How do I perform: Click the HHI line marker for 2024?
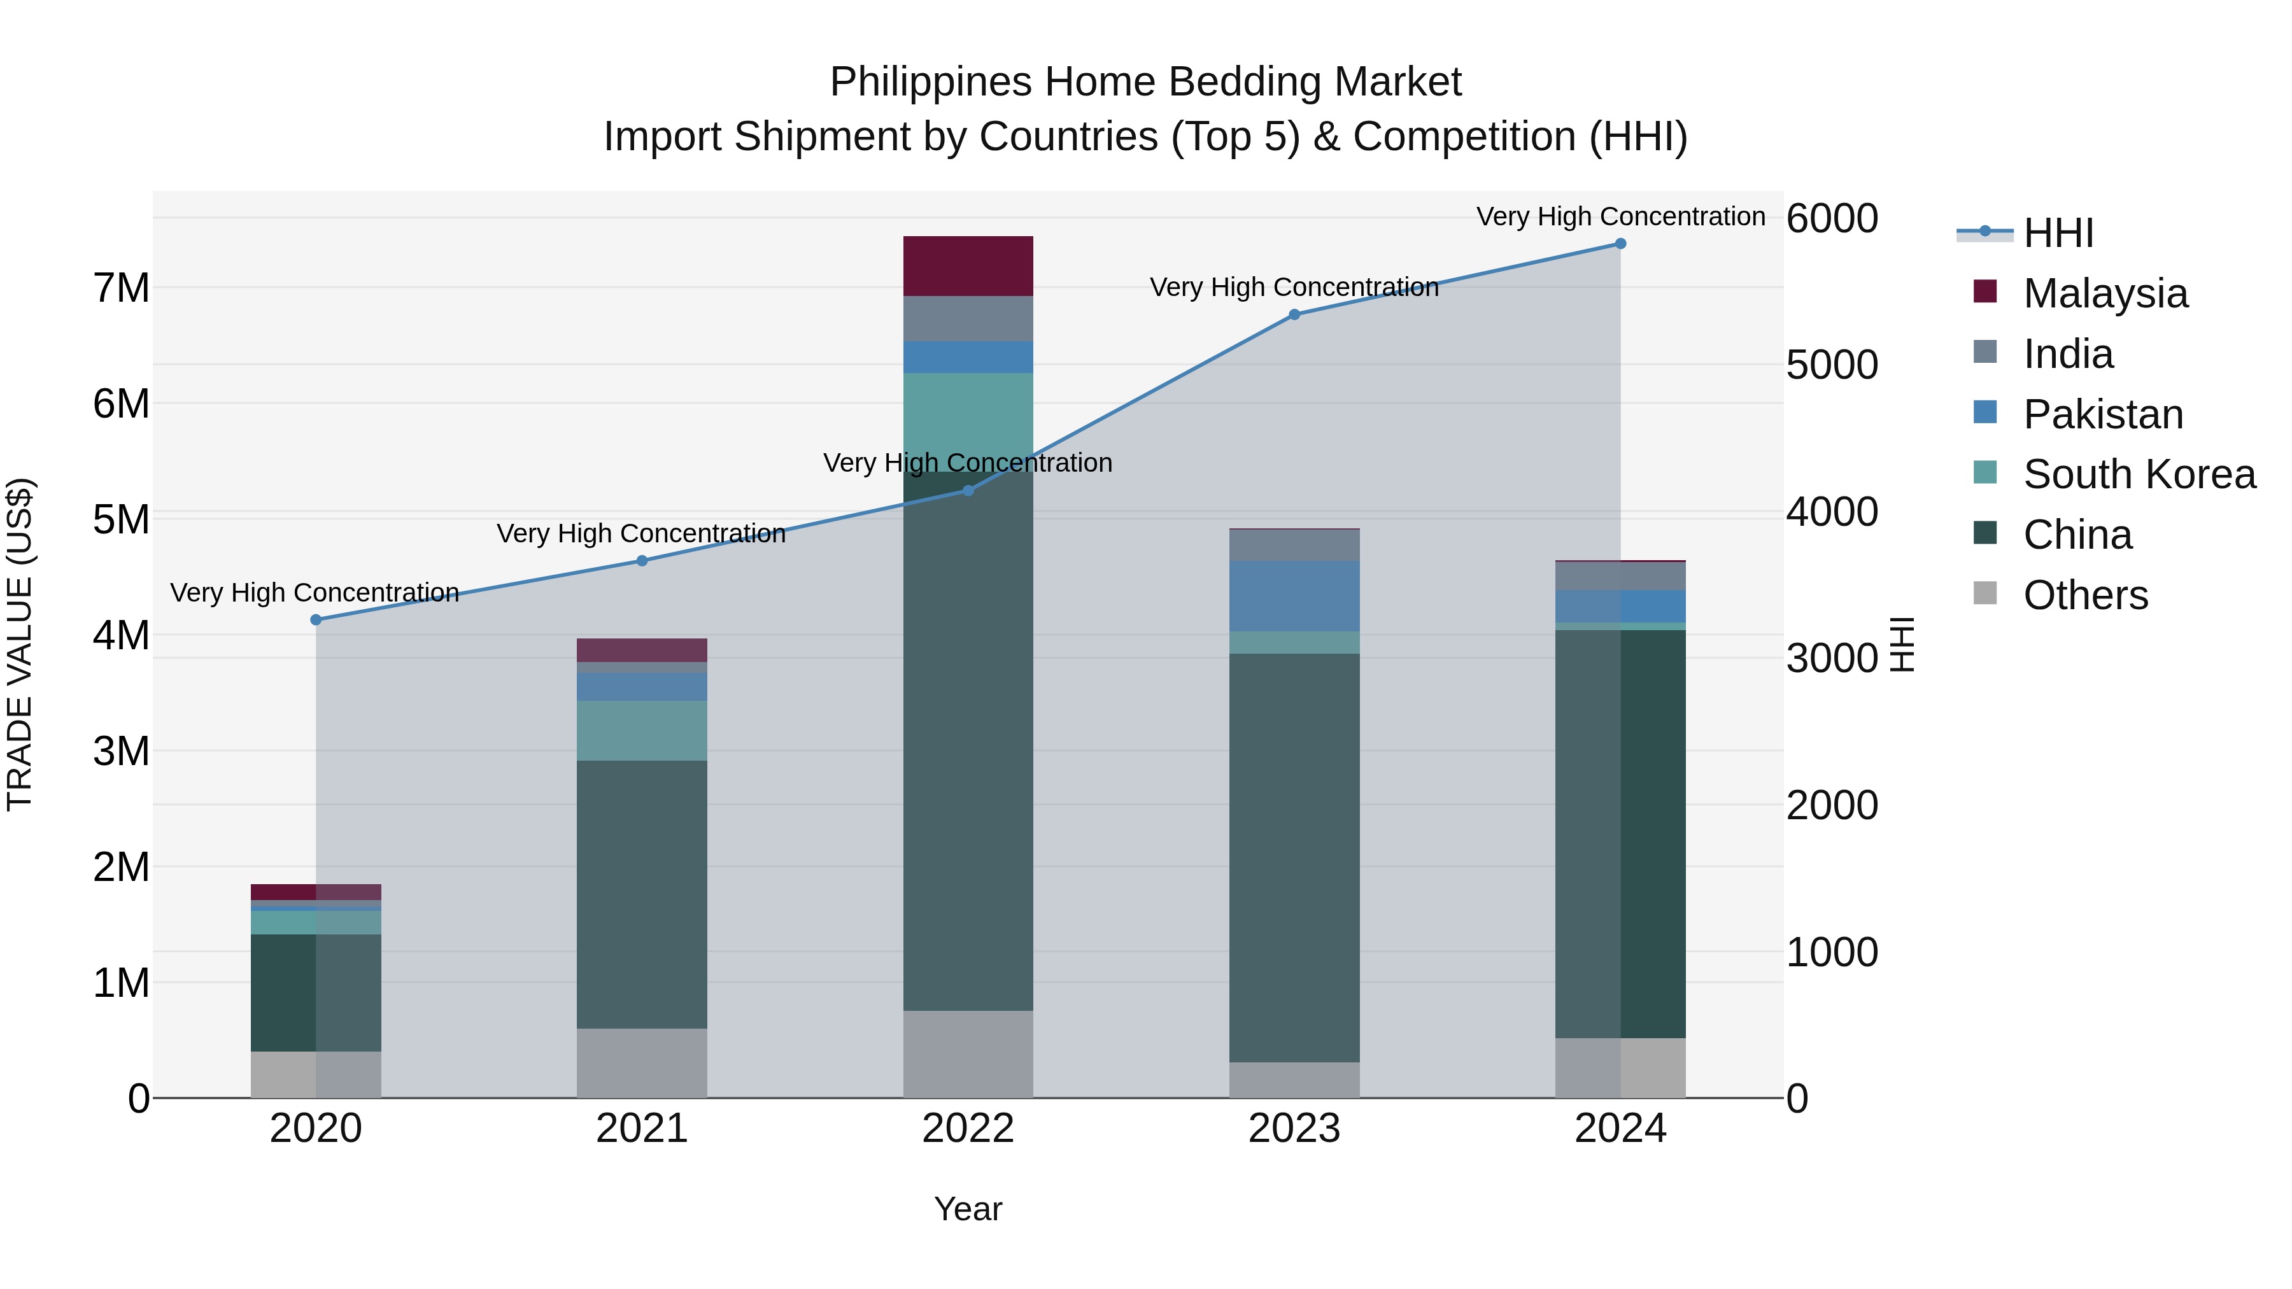(x=1620, y=244)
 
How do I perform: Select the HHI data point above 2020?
(x=316, y=620)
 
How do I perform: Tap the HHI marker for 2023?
(x=1294, y=315)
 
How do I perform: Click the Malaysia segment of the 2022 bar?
(x=968, y=266)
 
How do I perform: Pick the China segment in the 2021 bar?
(x=642, y=894)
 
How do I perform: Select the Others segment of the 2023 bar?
(x=1294, y=1080)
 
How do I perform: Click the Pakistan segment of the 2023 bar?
(x=1294, y=596)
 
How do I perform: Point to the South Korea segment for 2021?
(x=642, y=730)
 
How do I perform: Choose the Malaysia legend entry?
(x=2105, y=293)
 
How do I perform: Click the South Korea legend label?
(x=2139, y=474)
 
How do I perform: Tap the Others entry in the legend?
(x=2086, y=595)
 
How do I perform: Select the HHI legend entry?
(x=2058, y=233)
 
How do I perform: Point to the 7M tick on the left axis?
(x=122, y=288)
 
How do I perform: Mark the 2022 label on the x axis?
(x=968, y=1129)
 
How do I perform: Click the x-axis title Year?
(x=968, y=1209)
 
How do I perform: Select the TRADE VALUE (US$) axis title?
(x=20, y=644)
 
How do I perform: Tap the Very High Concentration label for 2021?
(x=642, y=534)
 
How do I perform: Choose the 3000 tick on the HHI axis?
(x=1832, y=658)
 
